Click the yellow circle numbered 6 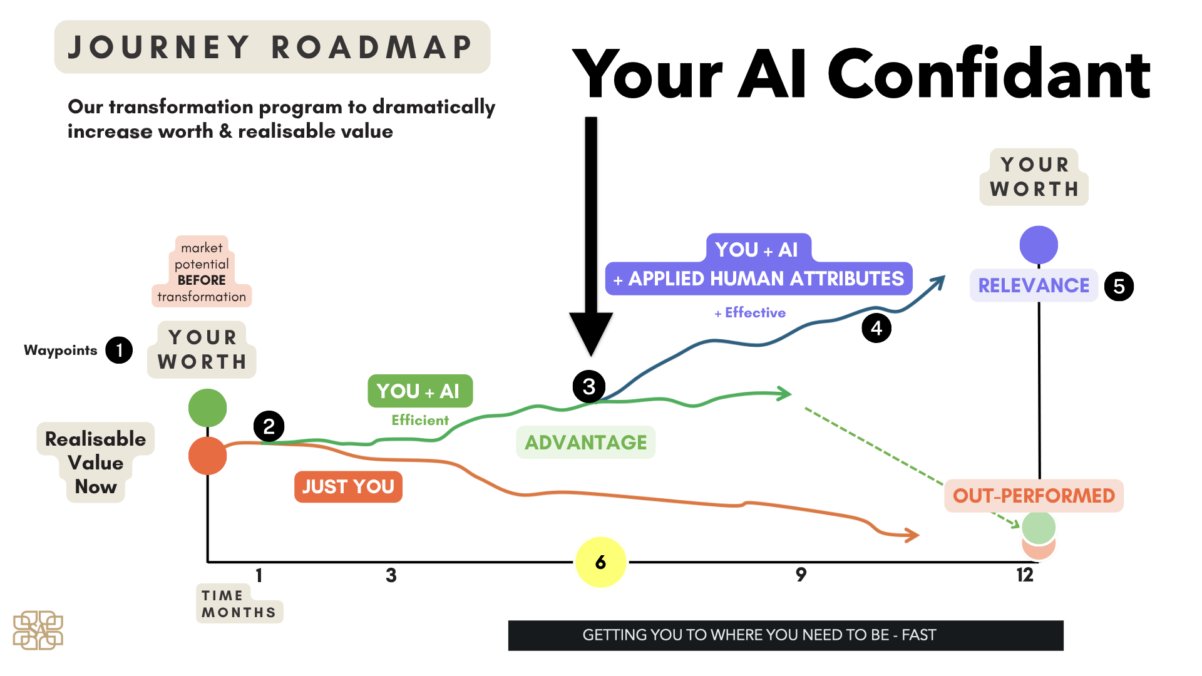[600, 562]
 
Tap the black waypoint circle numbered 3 [589, 386]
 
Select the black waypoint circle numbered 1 [119, 350]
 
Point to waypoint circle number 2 [269, 426]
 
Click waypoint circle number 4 [876, 328]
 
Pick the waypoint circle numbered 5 [1119, 286]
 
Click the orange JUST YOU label [348, 486]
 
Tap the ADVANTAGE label [586, 443]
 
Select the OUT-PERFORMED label [1034, 496]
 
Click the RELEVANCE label [1034, 285]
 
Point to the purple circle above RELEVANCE [1039, 245]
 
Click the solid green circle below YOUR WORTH [207, 407]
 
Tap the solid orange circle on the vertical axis [207, 456]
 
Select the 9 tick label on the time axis [801, 575]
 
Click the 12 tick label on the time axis [1025, 575]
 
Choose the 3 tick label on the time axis [391, 575]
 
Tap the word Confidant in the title [989, 74]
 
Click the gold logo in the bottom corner [38, 630]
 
